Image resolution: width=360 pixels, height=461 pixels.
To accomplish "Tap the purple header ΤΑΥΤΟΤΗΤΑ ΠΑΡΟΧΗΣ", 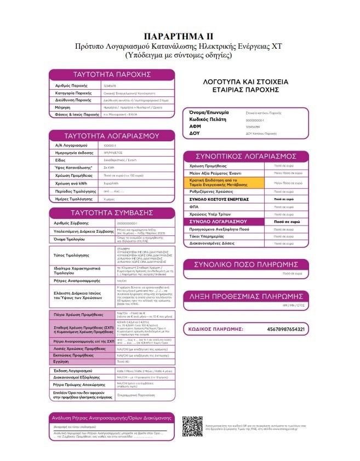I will pyautogui.click(x=112, y=74).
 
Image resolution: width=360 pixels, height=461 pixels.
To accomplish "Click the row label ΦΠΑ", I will pyautogui.click(x=194, y=207).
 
